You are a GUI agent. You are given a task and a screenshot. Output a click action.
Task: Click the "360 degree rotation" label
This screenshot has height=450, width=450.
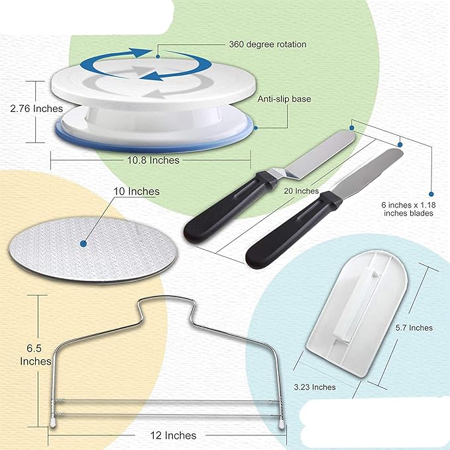point(268,44)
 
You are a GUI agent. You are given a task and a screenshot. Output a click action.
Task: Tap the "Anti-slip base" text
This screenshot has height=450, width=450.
point(284,99)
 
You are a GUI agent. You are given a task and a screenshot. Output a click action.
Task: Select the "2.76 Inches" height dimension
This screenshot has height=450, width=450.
point(36,109)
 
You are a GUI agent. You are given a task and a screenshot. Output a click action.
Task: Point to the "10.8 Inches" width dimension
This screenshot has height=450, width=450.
point(153,160)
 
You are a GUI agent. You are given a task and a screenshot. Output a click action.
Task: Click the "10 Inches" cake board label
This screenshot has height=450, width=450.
point(137,192)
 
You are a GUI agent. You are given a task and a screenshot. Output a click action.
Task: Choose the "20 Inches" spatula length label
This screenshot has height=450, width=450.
point(302,191)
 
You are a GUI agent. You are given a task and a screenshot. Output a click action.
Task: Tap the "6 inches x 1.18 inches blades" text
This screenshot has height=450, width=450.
point(408,209)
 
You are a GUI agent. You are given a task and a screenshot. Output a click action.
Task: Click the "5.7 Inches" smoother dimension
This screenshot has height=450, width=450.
point(414,328)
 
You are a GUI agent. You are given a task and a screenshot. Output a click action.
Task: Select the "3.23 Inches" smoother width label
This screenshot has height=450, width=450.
point(315,387)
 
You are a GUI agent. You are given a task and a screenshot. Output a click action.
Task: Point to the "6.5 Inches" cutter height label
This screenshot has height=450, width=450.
point(35,355)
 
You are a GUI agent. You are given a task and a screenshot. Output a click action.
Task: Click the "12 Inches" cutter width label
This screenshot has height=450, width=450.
point(174,435)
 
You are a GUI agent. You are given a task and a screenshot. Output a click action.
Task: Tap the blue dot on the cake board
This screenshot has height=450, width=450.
point(84,244)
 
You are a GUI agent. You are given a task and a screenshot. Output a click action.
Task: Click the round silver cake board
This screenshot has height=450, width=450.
point(93,250)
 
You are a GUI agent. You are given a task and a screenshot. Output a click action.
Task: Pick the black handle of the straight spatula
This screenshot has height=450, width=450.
point(293,229)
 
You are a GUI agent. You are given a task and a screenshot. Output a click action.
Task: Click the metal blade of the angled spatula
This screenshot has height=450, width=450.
point(315,155)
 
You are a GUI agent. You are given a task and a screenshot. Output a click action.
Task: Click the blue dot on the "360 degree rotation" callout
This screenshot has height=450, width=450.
point(158,56)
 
